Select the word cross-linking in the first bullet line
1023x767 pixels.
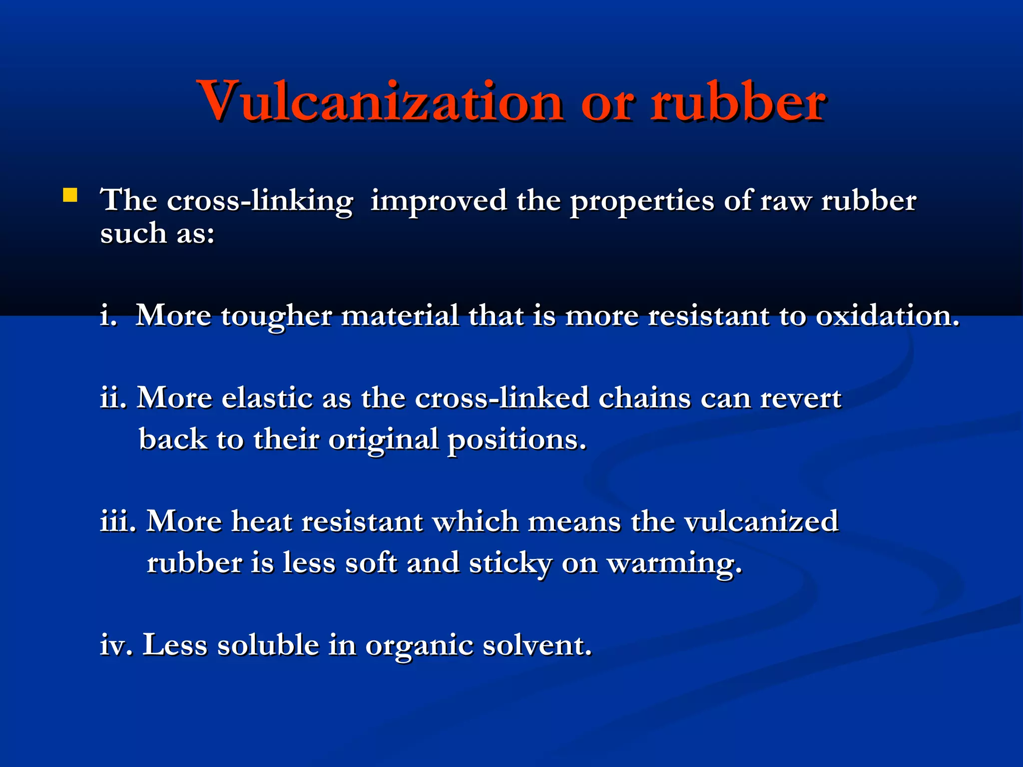click(260, 201)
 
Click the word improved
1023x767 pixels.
click(438, 200)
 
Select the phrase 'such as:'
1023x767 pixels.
click(157, 233)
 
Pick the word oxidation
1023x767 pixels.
click(887, 316)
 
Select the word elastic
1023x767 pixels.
click(267, 398)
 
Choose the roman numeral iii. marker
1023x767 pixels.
click(118, 521)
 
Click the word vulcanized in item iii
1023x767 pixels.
click(761, 521)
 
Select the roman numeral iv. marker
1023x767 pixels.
click(116, 645)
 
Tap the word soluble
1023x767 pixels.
click(268, 645)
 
